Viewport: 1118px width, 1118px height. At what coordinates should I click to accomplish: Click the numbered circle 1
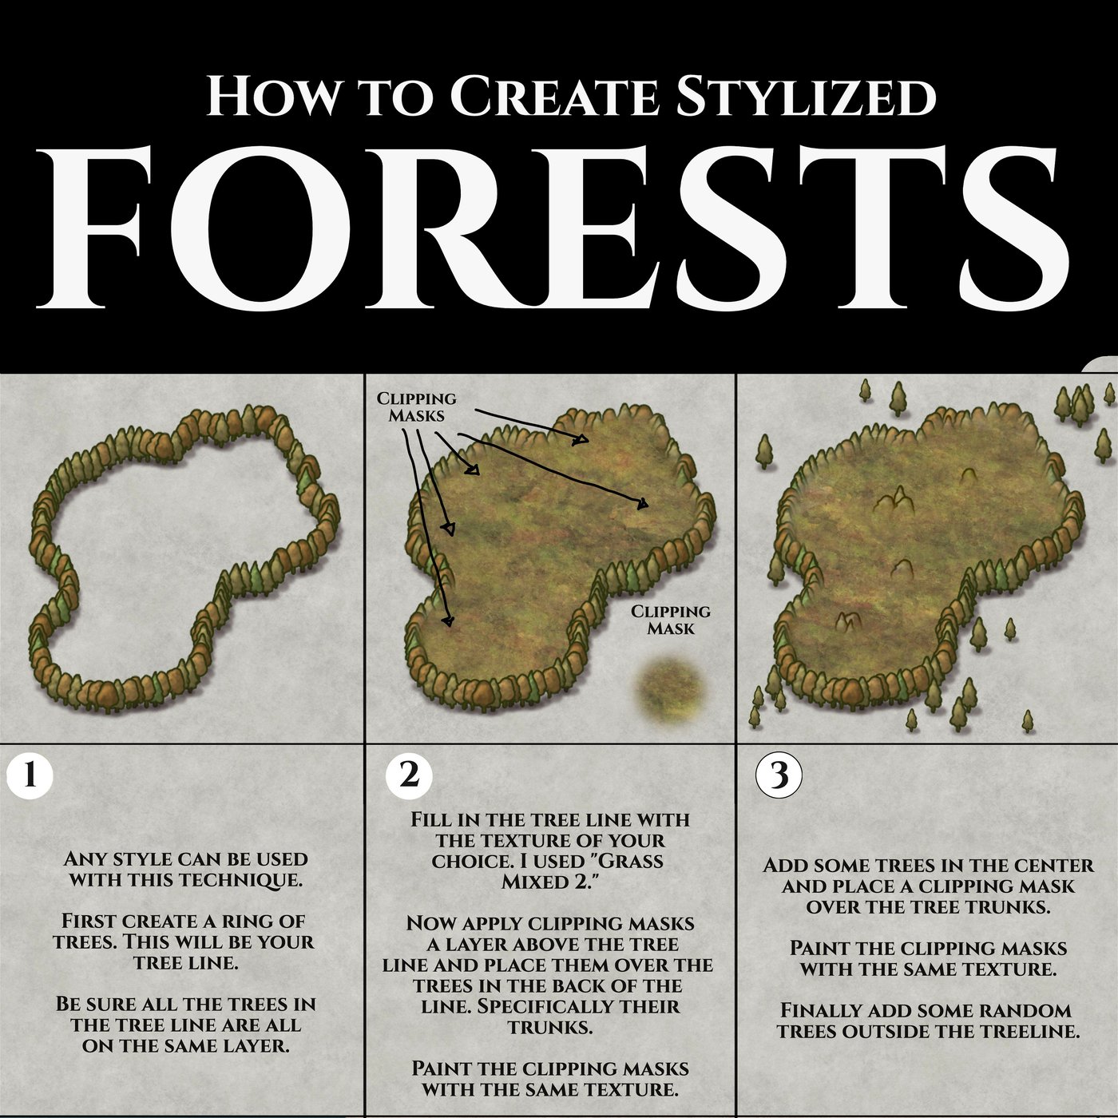[30, 775]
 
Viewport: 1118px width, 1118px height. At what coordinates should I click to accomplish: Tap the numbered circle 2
[408, 775]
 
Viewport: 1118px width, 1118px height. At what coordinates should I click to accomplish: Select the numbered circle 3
[778, 775]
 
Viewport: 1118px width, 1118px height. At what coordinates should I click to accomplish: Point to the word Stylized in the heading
[805, 96]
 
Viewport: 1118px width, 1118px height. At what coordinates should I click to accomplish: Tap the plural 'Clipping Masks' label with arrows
[416, 406]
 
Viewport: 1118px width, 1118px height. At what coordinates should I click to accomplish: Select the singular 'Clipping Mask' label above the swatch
[670, 620]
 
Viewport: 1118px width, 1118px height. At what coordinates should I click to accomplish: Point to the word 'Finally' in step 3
[821, 1010]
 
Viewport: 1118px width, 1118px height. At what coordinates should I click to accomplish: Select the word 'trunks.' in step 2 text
[550, 1027]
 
